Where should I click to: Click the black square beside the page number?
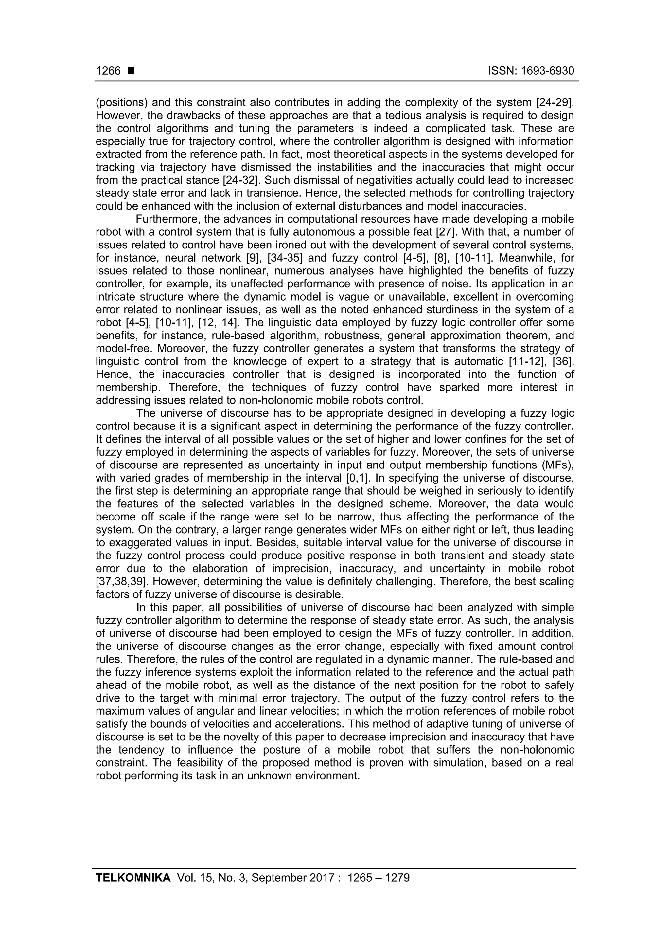click(x=131, y=71)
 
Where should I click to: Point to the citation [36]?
click(x=564, y=362)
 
